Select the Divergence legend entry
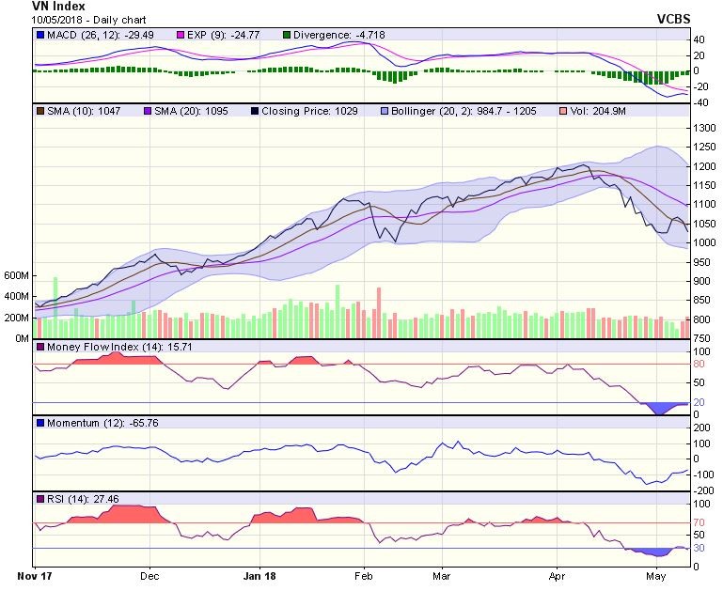(x=325, y=35)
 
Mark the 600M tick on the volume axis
(x=17, y=276)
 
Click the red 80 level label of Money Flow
(x=699, y=365)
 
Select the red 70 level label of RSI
(x=699, y=522)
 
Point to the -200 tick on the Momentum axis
(x=703, y=490)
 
